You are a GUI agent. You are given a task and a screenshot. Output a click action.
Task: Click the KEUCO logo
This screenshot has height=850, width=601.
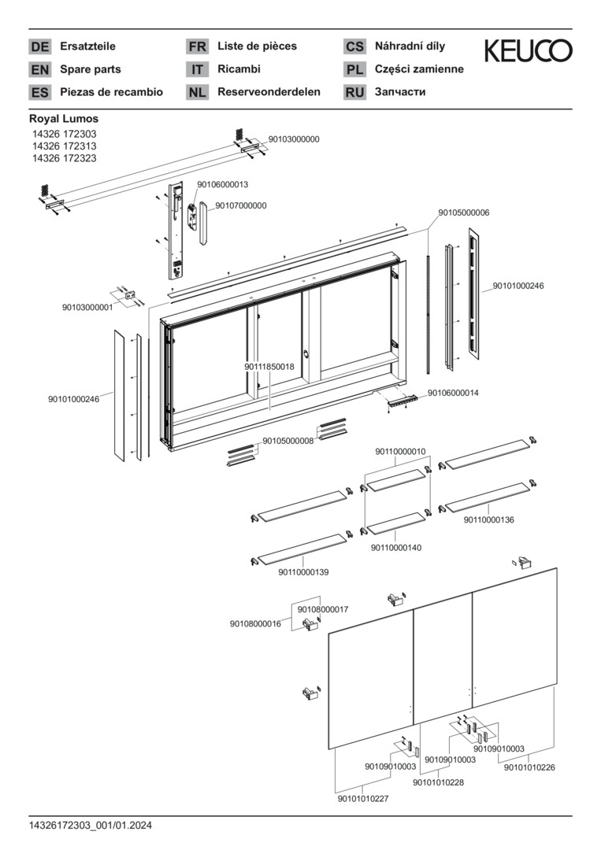click(x=528, y=51)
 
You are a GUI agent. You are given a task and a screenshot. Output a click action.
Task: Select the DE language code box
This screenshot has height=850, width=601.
click(x=39, y=46)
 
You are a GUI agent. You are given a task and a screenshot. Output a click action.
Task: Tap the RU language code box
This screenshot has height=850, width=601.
click(x=354, y=92)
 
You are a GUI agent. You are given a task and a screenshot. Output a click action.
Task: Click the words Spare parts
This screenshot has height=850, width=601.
click(x=91, y=69)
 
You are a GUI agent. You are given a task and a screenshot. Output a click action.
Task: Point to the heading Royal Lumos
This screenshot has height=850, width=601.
click(x=64, y=119)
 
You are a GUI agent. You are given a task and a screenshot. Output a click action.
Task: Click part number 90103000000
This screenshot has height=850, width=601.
click(x=294, y=139)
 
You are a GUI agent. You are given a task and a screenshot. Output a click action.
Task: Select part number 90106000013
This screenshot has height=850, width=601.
click(x=222, y=184)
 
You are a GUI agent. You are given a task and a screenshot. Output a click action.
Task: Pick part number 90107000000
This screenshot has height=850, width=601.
click(x=241, y=206)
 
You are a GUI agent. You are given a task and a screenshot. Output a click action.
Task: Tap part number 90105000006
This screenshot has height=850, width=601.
click(x=464, y=213)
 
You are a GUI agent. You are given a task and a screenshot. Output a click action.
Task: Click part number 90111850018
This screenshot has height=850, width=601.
click(x=269, y=367)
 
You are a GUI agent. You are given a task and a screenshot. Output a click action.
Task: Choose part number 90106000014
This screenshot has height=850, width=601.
click(x=453, y=393)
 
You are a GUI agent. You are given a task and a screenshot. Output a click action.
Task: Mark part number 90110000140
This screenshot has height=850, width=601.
click(x=396, y=548)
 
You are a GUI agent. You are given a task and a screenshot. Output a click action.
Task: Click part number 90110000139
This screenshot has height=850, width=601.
click(x=303, y=572)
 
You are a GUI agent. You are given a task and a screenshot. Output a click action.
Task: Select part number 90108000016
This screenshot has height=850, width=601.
click(x=255, y=624)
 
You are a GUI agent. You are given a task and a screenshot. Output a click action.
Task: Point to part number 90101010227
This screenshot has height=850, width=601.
click(x=363, y=799)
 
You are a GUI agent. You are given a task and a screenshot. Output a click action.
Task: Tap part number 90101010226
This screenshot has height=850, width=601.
click(x=529, y=767)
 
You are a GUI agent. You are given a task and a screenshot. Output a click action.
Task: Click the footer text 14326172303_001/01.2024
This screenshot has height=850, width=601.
click(x=91, y=826)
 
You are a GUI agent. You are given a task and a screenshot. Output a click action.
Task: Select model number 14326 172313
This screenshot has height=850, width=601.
click(x=64, y=146)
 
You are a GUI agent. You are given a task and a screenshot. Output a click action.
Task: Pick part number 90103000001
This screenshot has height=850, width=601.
click(x=87, y=308)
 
